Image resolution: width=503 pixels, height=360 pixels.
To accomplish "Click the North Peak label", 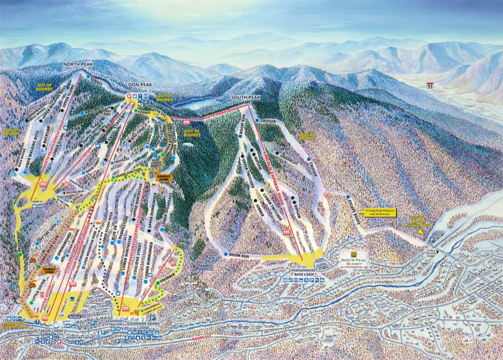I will pyautogui.click(x=78, y=64).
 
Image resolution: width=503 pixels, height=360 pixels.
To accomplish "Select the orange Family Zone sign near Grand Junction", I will pyautogui.click(x=163, y=177).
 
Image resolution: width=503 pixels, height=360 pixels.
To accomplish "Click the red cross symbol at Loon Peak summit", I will pyautogui.click(x=130, y=96).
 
